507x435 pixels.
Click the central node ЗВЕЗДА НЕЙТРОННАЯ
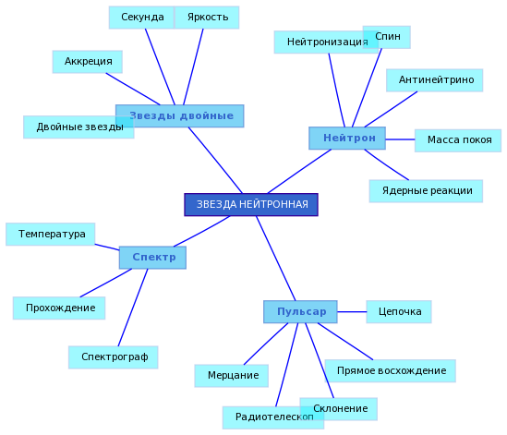tap(251, 204)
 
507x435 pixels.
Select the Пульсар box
tap(300, 312)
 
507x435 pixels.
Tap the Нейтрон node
tap(347, 139)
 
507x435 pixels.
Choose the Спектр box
tap(152, 258)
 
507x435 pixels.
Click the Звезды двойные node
tap(180, 115)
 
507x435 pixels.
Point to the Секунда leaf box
tap(141, 18)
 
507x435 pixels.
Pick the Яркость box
tap(207, 18)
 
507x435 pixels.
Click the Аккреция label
tap(88, 62)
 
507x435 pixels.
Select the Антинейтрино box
tap(435, 80)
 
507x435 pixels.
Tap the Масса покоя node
tap(458, 140)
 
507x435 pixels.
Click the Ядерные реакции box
tap(426, 191)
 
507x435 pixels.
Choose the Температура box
tap(51, 235)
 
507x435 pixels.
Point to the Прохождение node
tap(59, 308)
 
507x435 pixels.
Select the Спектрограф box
tap(114, 357)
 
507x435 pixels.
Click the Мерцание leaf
tap(232, 376)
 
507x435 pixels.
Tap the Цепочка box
tap(399, 312)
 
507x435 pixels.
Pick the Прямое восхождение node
tap(391, 371)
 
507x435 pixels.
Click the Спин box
tap(387, 37)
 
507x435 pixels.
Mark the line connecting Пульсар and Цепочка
tap(352, 312)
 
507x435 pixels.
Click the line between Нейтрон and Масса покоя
tap(400, 139)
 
